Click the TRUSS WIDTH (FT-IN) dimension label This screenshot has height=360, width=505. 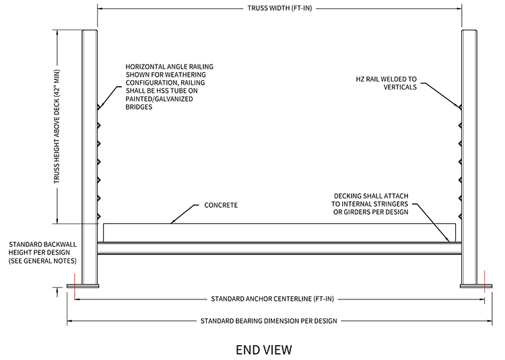coord(280,9)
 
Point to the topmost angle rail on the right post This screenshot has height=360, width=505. coord(459,107)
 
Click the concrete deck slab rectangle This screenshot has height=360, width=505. coord(276,233)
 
